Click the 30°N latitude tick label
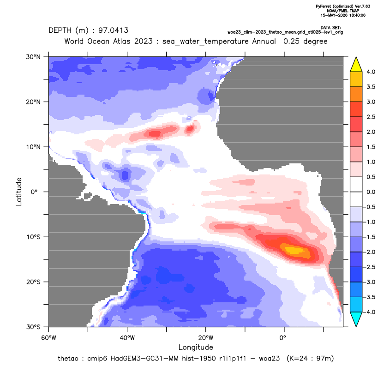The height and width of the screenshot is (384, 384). coord(33,57)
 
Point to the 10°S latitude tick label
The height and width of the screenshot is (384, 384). coord(33,237)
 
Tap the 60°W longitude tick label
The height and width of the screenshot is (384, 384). coord(48,338)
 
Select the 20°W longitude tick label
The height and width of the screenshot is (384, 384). coord(206,338)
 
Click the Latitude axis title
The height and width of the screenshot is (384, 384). coord(19,192)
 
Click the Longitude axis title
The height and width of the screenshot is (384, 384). coord(196,347)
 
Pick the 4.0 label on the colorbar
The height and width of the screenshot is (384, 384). coord(371,72)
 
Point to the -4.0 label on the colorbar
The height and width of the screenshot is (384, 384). coord(370,312)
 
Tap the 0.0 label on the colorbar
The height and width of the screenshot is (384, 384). coord(371,192)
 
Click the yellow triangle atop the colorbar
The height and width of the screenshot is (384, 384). coord(356,65)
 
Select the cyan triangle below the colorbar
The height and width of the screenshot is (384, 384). coord(356,319)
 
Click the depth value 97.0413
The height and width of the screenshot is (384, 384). coord(114,30)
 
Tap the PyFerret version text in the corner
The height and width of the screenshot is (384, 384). coord(343,6)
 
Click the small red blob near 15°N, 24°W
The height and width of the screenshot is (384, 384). coord(190,128)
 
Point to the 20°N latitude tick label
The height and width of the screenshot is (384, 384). coord(33,102)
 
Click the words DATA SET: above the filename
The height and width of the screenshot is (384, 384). coord(330,28)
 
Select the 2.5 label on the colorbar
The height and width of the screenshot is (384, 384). coord(371,117)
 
